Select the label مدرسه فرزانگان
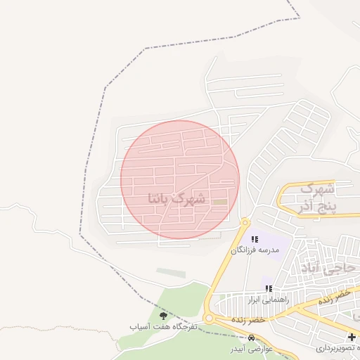click(x=255, y=250)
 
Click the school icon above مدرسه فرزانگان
click(x=254, y=240)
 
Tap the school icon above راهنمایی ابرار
click(x=268, y=288)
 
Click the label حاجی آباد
click(x=329, y=268)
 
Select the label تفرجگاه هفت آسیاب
click(x=164, y=327)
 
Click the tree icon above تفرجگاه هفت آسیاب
click(x=164, y=316)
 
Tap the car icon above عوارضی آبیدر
click(x=251, y=338)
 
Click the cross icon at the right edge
click(x=352, y=337)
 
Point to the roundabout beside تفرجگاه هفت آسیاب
click(x=208, y=319)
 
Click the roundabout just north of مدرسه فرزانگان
click(x=245, y=223)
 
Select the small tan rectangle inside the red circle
click(x=220, y=202)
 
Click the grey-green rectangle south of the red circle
click(x=171, y=273)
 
